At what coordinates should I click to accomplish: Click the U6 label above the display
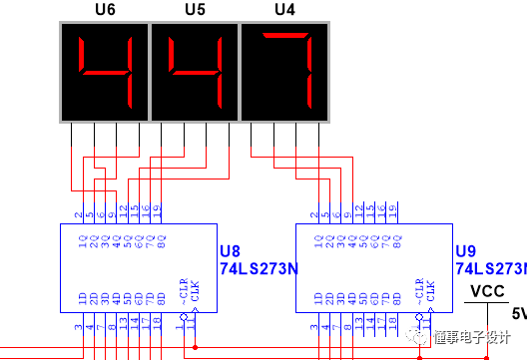click(105, 9)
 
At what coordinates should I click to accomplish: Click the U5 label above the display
click(196, 9)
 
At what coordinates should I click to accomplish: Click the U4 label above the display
click(284, 9)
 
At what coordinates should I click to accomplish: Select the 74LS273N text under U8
click(258, 269)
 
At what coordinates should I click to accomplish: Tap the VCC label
click(487, 292)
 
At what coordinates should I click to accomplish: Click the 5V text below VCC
click(518, 313)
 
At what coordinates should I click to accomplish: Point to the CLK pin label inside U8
click(195, 290)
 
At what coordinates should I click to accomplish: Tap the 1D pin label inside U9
click(315, 298)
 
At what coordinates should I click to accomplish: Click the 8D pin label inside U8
click(160, 298)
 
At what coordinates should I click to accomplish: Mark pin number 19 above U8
click(159, 210)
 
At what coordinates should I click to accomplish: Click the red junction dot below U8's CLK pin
click(195, 347)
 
